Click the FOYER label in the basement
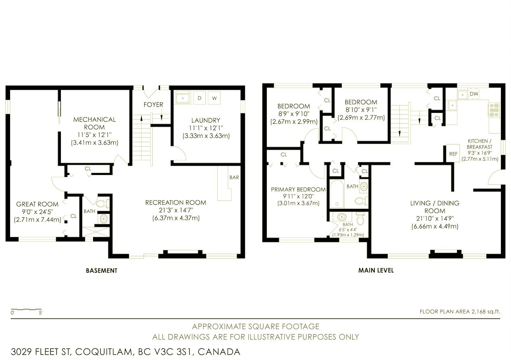pyautogui.click(x=153, y=105)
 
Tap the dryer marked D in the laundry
pyautogui.click(x=199, y=98)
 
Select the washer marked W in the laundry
pyautogui.click(x=214, y=98)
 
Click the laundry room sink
pyautogui.click(x=183, y=98)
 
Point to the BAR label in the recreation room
pyautogui.click(x=234, y=177)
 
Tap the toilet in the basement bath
pyautogui.click(x=103, y=203)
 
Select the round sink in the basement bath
pyautogui.click(x=104, y=219)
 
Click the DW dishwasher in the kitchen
pyautogui.click(x=474, y=94)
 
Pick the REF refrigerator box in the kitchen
pyautogui.click(x=453, y=154)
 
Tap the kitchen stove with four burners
pyautogui.click(x=494, y=110)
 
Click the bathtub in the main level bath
pyautogui.click(x=337, y=194)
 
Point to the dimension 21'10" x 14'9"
pyautogui.click(x=435, y=218)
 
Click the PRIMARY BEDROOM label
pyautogui.click(x=298, y=189)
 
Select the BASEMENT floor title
pyautogui.click(x=102, y=271)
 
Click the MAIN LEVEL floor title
pyautogui.click(x=376, y=271)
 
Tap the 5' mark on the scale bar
pyautogui.click(x=41, y=313)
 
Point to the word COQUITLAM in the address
pyautogui.click(x=104, y=352)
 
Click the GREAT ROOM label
pyautogui.click(x=37, y=204)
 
